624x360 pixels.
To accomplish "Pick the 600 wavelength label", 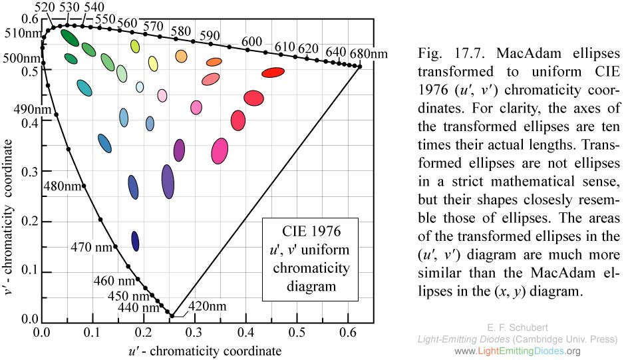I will click(x=251, y=41).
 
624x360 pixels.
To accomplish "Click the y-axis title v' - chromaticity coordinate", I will click(x=10, y=193).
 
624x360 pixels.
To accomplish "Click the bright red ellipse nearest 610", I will click(x=273, y=72).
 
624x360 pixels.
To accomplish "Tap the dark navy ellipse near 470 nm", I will click(x=136, y=242).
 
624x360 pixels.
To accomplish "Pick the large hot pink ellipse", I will click(x=220, y=151).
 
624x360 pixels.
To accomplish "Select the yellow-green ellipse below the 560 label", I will click(x=135, y=46).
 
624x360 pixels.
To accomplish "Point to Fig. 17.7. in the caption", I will click(x=443, y=53).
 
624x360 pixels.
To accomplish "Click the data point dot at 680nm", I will click(x=360, y=66).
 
